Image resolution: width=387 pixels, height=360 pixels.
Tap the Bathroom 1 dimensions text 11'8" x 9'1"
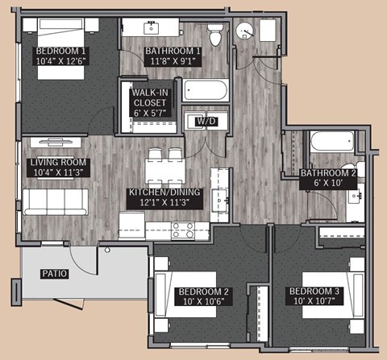[x=173, y=61]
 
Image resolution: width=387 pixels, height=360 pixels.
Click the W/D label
[x=205, y=121]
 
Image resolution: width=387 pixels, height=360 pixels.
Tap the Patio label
[x=54, y=274]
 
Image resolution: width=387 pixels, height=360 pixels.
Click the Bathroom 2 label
[x=328, y=172]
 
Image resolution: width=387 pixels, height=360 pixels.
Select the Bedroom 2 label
[x=204, y=291]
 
